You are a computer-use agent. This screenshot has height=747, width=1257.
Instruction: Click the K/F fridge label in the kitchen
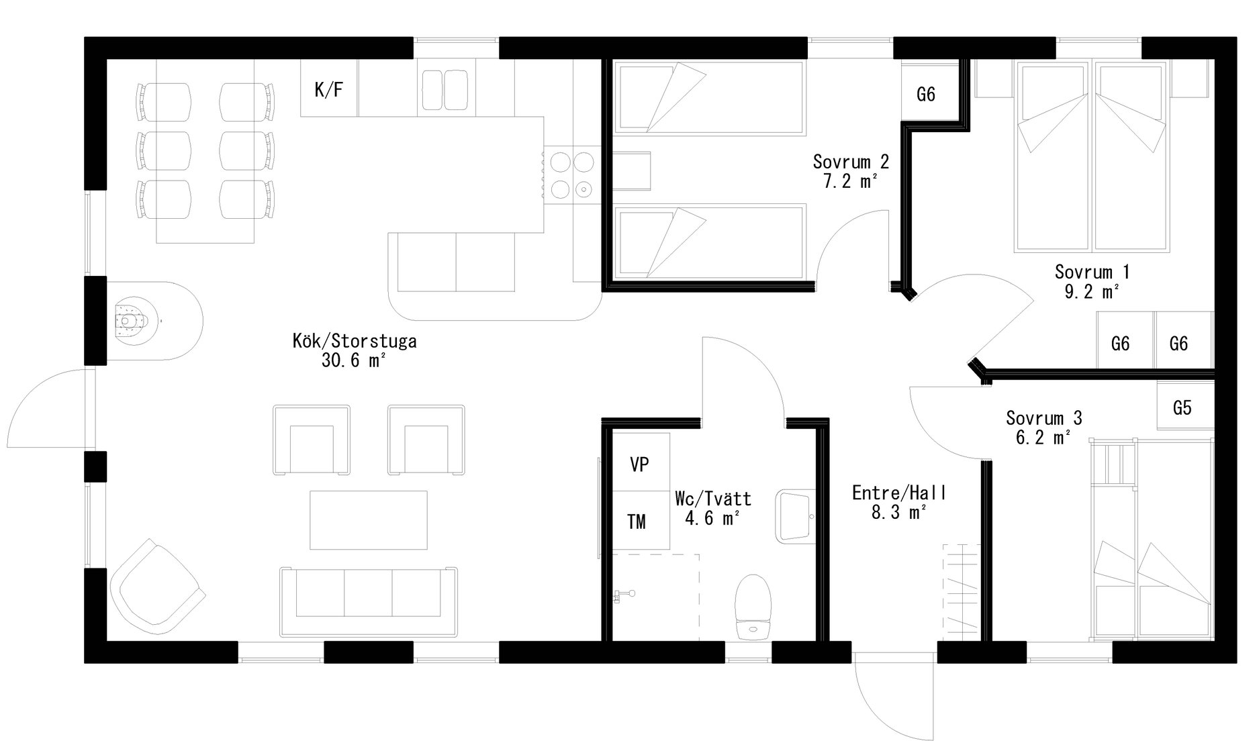[x=329, y=90]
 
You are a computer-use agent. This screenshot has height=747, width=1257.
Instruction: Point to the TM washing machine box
[x=641, y=521]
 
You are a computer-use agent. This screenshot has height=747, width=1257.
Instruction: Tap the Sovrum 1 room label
[x=1092, y=272]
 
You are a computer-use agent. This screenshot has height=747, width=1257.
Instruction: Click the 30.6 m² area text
[x=354, y=361]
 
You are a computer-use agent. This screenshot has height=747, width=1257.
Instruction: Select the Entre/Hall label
[x=899, y=493]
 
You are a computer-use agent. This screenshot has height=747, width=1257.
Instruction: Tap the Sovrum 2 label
[x=851, y=161]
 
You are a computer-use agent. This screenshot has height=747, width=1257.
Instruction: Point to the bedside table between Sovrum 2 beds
[x=632, y=172]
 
